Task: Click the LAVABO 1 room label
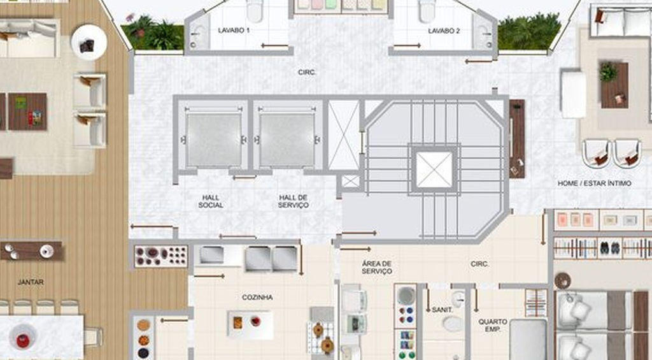coord(234,31)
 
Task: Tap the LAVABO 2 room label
coord(444,31)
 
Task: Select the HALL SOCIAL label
coord(211,201)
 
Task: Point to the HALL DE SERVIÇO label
coord(294,201)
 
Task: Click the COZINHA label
coord(257,297)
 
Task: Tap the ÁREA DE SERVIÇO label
coord(377,267)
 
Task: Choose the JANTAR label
coord(31,282)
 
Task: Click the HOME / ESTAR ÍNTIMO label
coord(595,183)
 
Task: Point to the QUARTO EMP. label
coord(493,326)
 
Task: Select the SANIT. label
coord(442,310)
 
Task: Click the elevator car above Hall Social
coord(214,140)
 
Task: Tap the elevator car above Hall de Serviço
coord(287,140)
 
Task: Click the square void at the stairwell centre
coord(434,169)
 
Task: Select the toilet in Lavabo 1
coord(255,10)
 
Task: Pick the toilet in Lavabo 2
coord(427,10)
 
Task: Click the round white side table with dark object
coord(89,43)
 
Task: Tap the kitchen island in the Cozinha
coord(250,324)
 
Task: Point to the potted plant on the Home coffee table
coord(608,71)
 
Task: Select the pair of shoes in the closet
coord(609,248)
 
